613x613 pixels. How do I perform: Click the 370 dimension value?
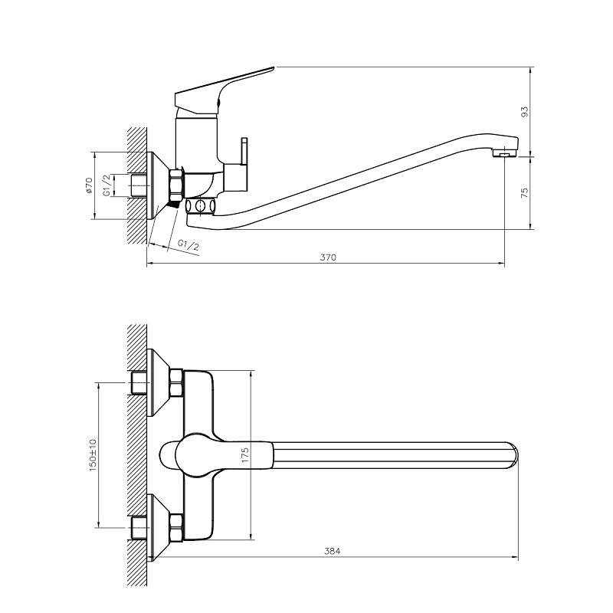click(x=328, y=257)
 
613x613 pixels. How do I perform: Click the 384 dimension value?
click(x=333, y=551)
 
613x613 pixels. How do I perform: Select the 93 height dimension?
click(x=525, y=112)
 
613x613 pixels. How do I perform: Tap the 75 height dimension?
click(x=525, y=193)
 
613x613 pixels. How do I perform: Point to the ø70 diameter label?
click(x=89, y=185)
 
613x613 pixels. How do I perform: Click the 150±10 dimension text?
click(x=93, y=455)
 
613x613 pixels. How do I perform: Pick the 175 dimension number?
click(x=245, y=455)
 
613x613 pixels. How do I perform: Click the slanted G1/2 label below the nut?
click(x=188, y=245)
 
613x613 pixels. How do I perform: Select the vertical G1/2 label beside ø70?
click(x=107, y=185)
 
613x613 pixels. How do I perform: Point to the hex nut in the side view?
click(x=176, y=185)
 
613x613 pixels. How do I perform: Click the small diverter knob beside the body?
click(x=244, y=151)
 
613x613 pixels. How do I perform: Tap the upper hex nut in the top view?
click(x=177, y=382)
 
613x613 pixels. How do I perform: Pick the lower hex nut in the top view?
click(x=177, y=528)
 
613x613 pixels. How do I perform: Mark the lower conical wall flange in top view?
click(x=158, y=528)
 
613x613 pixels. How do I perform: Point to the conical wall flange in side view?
click(x=158, y=185)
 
